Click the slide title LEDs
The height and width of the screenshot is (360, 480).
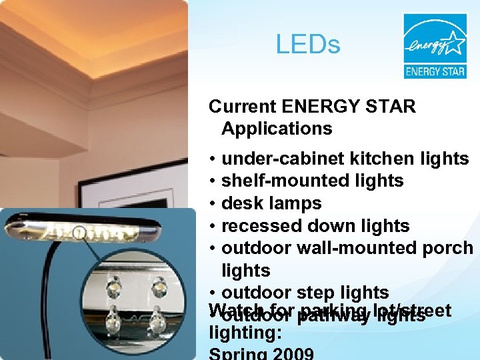[308, 45]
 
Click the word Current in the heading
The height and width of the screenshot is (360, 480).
[243, 106]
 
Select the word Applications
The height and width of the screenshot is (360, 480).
[277, 128]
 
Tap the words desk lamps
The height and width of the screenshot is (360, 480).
[271, 203]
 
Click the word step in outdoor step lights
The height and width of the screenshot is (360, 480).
[318, 293]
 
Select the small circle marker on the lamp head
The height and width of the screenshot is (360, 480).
[79, 233]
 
